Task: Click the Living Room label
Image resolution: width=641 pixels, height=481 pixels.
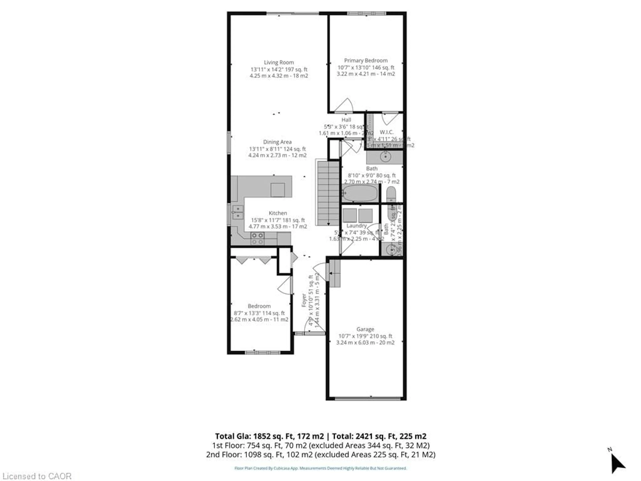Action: click(278, 62)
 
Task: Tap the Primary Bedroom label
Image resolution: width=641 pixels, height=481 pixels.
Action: click(366, 60)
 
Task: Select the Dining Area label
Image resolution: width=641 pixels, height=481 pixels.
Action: click(277, 142)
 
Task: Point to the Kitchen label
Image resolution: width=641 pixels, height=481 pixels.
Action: click(278, 213)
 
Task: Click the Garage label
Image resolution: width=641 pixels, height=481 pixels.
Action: click(365, 329)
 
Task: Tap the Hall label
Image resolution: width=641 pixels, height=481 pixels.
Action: click(346, 120)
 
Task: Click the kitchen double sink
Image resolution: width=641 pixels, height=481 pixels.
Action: click(238, 212)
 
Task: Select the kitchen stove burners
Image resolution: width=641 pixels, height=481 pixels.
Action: click(257, 238)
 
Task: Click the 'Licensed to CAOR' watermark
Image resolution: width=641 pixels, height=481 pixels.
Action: click(37, 476)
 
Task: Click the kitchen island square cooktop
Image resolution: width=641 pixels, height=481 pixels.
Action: click(277, 190)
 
